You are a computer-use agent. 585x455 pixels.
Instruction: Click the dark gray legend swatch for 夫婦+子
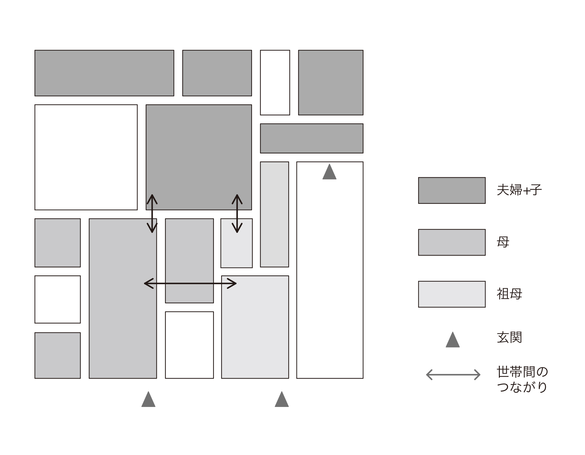point(452,190)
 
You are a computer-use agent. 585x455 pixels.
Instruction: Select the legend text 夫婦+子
point(519,190)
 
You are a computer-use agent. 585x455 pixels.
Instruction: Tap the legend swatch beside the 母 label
point(452,242)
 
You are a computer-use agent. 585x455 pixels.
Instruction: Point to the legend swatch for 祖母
point(452,294)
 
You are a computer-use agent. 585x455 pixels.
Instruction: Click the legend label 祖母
point(509,294)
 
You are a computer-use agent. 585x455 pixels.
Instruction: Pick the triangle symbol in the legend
point(453,340)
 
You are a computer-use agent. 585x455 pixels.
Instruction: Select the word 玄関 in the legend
point(509,338)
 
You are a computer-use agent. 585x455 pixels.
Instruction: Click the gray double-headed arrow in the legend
point(453,375)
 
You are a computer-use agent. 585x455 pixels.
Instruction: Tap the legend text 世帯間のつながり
point(522,379)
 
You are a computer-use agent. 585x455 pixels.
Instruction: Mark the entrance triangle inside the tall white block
point(329,172)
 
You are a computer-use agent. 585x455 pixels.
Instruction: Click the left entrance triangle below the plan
point(148,399)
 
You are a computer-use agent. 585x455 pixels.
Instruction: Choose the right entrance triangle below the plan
point(282,399)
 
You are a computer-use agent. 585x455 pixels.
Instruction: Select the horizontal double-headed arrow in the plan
point(190,284)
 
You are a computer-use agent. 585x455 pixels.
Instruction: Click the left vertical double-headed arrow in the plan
point(152,214)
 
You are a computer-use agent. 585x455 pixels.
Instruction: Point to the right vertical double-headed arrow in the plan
point(237,214)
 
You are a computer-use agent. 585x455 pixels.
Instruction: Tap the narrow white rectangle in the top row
point(275,83)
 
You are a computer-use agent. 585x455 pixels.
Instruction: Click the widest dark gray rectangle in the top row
point(104,73)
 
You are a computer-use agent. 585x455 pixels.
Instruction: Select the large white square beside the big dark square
point(86,157)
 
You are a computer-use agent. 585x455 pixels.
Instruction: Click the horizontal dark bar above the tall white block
point(312,138)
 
